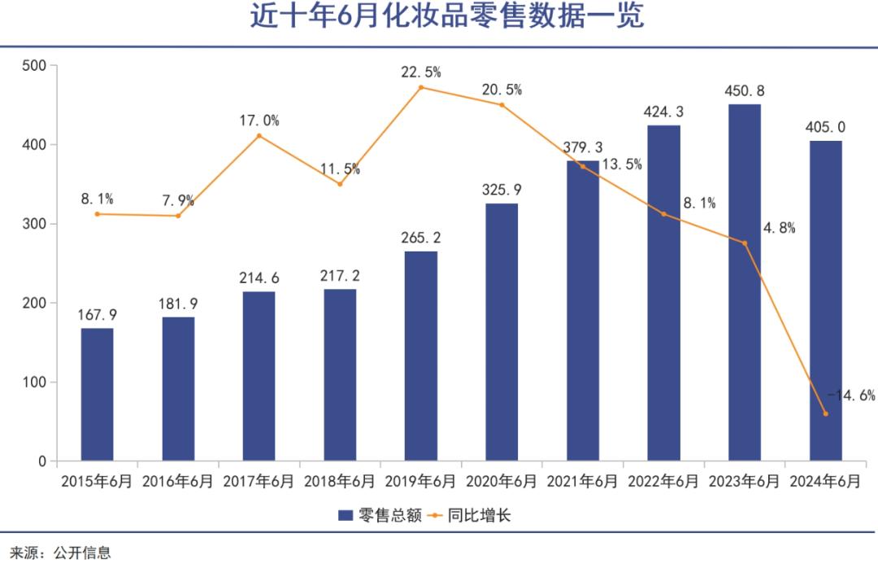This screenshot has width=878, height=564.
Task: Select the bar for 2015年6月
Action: coord(97,395)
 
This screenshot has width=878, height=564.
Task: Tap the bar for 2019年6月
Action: coord(421,356)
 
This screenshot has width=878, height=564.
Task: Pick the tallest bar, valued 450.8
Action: coord(745,282)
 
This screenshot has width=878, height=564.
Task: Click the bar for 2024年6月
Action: coord(825,301)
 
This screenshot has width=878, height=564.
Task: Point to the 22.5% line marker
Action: coord(421,87)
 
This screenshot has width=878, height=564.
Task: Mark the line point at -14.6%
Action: coord(825,413)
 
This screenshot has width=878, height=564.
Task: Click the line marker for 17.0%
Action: coord(259,135)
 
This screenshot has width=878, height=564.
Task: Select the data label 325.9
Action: coord(502,190)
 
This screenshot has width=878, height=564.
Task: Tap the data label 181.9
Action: coord(178,304)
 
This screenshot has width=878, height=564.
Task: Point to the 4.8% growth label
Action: coord(777,228)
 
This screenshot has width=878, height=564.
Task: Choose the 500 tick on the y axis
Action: coord(34,65)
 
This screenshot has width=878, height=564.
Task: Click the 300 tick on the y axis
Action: coord(34,224)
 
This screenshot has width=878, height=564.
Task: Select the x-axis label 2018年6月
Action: coord(340,481)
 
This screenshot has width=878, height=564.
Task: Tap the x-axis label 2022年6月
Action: coord(663,481)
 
